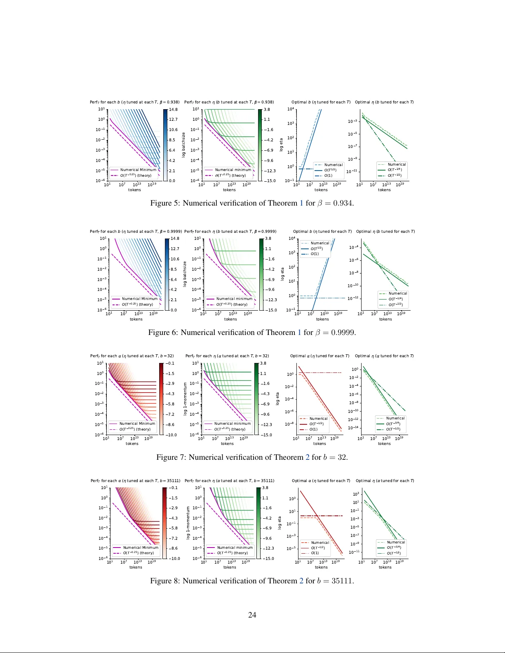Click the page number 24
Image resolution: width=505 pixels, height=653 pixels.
pos(252,615)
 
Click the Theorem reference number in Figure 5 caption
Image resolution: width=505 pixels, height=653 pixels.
pos(301,203)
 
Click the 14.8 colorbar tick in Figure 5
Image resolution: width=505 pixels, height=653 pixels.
pos(173,110)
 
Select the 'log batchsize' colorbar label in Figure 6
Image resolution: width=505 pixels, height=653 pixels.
pos(185,274)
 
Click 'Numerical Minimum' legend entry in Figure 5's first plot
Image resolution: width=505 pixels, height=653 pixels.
pos(138,170)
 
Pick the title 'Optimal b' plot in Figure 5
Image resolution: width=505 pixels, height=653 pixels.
pos(321,102)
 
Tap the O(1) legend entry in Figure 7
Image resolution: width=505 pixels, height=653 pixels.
pos(314,429)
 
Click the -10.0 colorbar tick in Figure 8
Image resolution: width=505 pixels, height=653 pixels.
pos(175,559)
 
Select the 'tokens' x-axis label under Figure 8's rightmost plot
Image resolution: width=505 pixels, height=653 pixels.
pos(385,567)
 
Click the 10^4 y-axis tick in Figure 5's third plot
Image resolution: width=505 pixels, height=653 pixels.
pos(291,109)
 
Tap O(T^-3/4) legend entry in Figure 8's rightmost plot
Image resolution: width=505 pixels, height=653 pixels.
pos(393,548)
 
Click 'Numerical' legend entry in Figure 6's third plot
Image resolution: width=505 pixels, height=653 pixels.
pos(320,243)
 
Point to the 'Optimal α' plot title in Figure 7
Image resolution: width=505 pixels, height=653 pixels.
pos(319,356)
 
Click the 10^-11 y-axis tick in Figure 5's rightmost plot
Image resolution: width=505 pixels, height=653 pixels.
pos(351,171)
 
